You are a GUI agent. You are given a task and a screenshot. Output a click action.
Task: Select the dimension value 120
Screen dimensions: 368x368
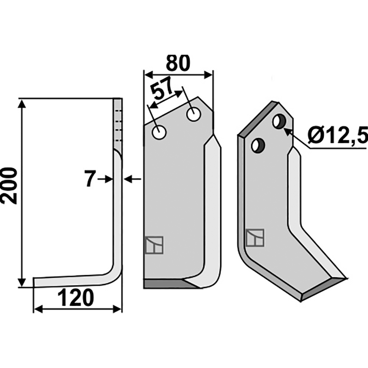[75, 298]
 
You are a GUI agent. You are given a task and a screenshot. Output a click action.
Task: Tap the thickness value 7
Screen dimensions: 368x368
[90, 179]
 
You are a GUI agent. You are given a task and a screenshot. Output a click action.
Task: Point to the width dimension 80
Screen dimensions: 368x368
[178, 63]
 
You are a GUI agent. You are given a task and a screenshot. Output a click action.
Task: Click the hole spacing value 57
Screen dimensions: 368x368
[162, 90]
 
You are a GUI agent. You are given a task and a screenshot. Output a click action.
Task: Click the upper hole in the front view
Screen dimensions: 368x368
[194, 114]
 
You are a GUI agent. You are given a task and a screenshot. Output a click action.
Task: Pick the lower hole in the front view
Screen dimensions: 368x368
[159, 132]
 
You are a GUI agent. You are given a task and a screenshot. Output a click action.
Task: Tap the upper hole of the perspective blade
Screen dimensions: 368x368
[279, 121]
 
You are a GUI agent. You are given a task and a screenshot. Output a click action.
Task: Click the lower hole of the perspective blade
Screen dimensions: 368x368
[258, 146]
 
